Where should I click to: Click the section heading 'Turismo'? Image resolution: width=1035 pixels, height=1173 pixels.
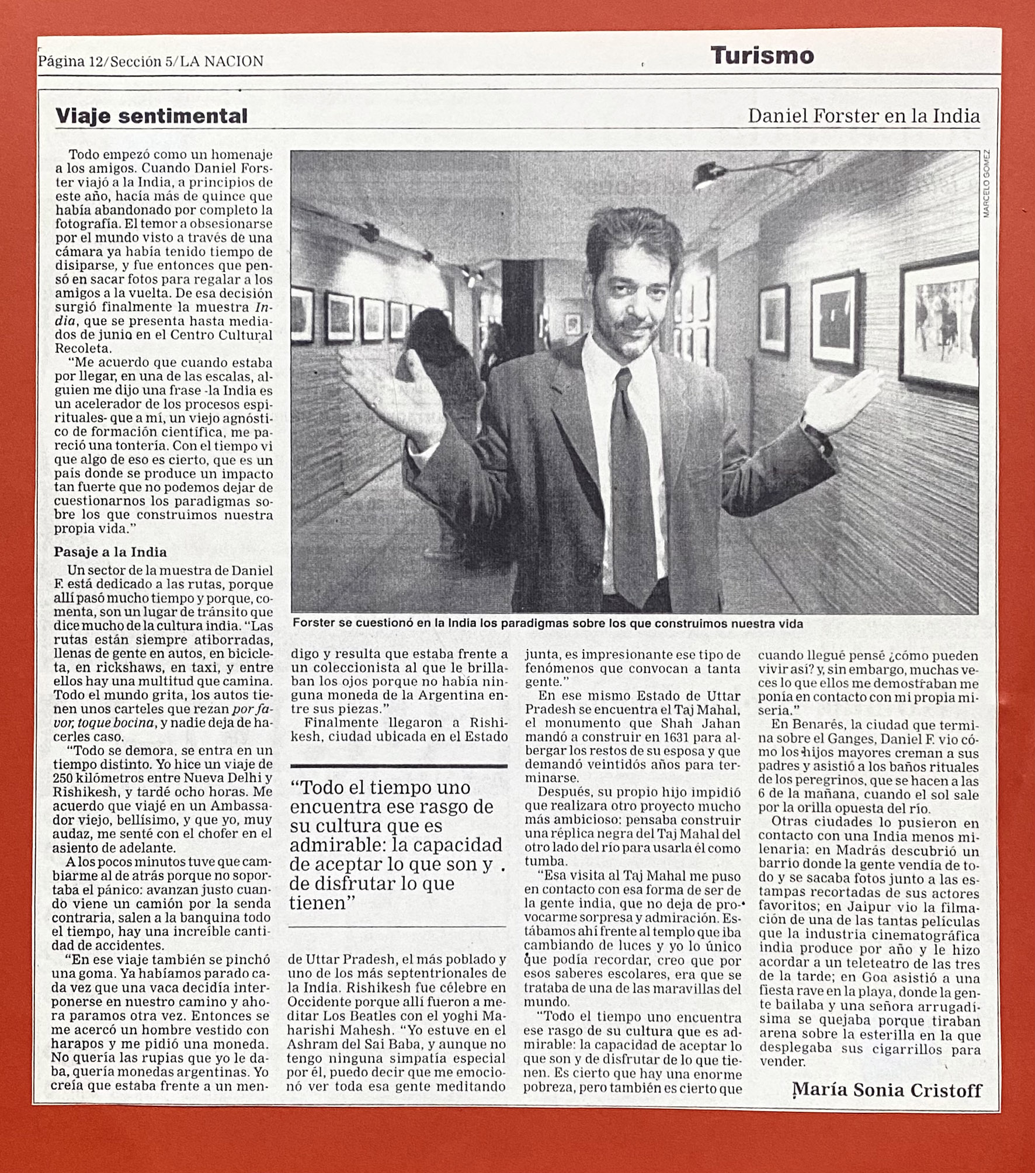[x=762, y=56]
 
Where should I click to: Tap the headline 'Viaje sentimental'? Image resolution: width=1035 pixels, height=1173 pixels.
[x=151, y=116]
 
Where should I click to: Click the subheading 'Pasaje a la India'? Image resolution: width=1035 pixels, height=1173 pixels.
[x=110, y=552]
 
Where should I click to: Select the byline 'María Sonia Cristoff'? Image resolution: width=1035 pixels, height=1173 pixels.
[x=887, y=1090]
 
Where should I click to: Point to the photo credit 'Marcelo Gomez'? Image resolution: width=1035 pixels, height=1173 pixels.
[x=987, y=183]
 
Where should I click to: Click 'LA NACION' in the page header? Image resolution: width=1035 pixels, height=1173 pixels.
[x=221, y=61]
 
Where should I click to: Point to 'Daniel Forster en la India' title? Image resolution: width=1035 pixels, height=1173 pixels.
[x=863, y=116]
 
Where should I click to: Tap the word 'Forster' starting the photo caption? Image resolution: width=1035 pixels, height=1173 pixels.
[x=314, y=624]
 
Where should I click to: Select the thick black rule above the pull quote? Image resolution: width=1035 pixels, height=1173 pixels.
[x=398, y=766]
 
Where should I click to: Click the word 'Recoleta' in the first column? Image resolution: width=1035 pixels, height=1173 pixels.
[x=82, y=349]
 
